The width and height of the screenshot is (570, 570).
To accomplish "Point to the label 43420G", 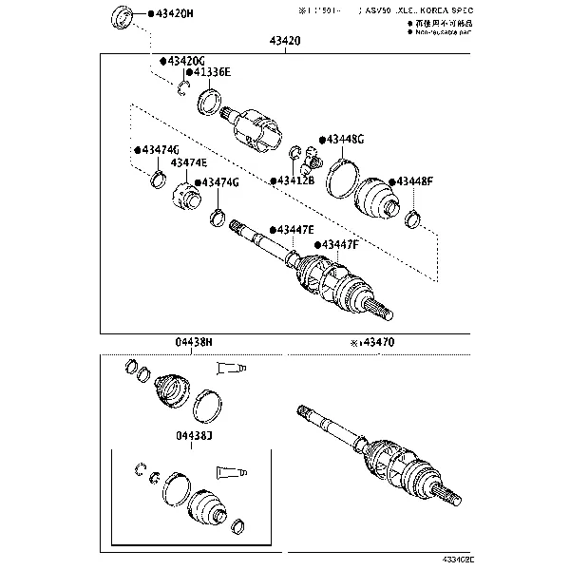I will tap(183, 61).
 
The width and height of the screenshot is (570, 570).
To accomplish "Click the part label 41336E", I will tap(210, 71).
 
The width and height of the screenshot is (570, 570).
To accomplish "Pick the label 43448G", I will tap(344, 140).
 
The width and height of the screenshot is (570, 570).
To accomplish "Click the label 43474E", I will tap(188, 163).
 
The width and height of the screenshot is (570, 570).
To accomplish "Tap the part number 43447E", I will tap(294, 230).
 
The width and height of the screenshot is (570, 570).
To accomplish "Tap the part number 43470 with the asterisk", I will tap(375, 341).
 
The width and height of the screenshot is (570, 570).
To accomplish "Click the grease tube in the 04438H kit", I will tap(233, 367).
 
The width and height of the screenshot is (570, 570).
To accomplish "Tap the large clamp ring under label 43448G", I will tap(342, 178).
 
